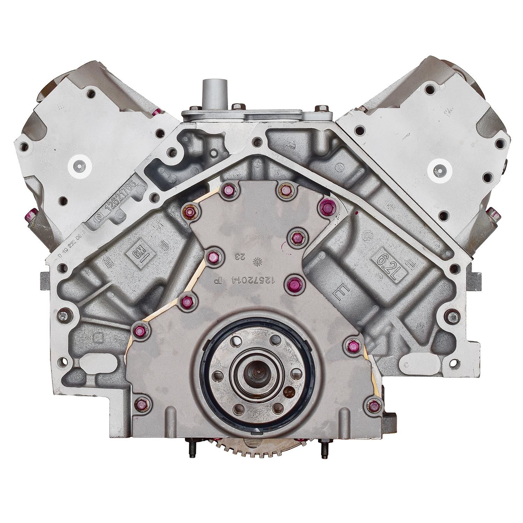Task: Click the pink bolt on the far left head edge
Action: pyautogui.click(x=31, y=213)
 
